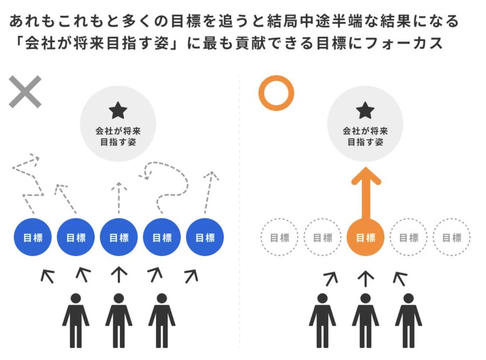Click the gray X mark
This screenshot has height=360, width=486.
[x=25, y=91]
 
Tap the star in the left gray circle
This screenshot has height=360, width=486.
[x=118, y=110]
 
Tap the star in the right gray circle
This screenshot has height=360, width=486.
[x=366, y=110]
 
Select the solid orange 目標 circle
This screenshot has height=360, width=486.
[x=366, y=237]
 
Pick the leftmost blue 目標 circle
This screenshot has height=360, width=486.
[x=32, y=237]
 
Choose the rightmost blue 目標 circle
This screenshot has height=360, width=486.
[x=205, y=237]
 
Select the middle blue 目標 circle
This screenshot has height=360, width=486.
[x=119, y=237]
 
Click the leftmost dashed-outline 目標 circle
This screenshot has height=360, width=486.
[x=279, y=237]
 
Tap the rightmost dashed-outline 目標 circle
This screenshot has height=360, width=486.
[x=451, y=237]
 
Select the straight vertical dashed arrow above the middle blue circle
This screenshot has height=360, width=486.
[x=119, y=198]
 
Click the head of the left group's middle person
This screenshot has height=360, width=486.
[x=119, y=298]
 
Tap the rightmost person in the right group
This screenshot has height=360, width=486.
[x=409, y=321]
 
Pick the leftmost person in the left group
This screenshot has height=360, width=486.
[x=76, y=321]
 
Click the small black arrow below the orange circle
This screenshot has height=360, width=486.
[x=366, y=279]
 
